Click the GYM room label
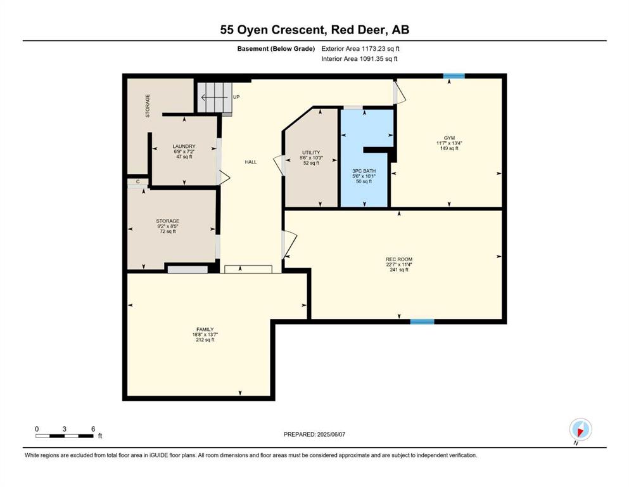click(x=449, y=138)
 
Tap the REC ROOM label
click(x=399, y=259)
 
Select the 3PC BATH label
click(x=364, y=171)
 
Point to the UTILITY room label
click(x=311, y=153)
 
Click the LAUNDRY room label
click(x=184, y=146)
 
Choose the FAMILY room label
click(x=205, y=329)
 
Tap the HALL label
click(x=251, y=162)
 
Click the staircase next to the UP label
click(x=215, y=98)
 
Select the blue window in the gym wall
click(x=454, y=76)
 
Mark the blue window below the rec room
click(x=422, y=321)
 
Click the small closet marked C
click(x=138, y=182)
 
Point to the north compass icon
click(x=580, y=430)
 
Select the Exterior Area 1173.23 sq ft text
click(x=360, y=49)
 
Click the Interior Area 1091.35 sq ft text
click(x=359, y=58)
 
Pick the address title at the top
click(x=314, y=30)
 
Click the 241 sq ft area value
click(x=399, y=269)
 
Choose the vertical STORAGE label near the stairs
click(x=148, y=106)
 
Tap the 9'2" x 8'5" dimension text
click(x=168, y=226)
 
